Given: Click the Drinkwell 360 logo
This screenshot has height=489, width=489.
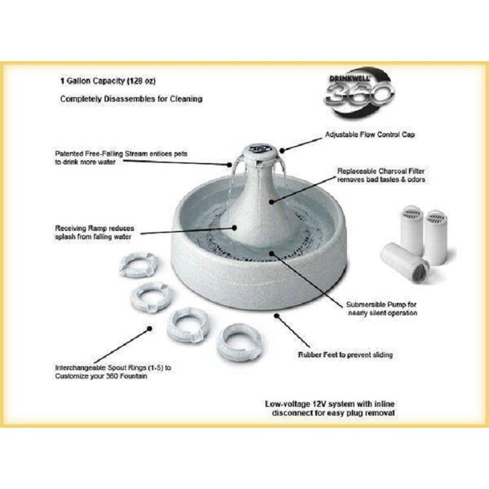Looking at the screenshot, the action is (359, 92).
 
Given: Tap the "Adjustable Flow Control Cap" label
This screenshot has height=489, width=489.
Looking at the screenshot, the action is (370, 134).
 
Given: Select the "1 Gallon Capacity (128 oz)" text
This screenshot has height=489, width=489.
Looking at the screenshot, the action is (108, 81).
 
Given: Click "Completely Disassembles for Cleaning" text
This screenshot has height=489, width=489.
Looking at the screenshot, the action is (131, 99).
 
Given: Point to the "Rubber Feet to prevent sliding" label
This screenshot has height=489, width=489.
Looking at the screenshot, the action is (345, 355).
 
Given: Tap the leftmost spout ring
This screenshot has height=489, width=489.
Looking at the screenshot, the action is (139, 265).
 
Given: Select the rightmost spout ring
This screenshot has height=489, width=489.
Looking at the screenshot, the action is (239, 342).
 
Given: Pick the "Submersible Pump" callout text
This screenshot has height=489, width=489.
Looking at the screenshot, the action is (382, 309).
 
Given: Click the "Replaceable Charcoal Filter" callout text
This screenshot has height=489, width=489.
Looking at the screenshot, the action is (381, 175).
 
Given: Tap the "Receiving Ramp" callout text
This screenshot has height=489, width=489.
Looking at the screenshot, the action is (94, 232).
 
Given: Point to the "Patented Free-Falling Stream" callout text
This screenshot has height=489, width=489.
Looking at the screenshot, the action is (121, 158).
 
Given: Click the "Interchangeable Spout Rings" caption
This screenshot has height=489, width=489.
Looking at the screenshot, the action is (113, 372).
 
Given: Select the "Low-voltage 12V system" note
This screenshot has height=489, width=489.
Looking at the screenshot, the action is (329, 408).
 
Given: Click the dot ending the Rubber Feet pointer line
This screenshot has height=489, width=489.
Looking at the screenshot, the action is (276, 316).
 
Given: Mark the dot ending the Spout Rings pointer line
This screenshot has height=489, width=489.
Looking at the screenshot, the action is (149, 329).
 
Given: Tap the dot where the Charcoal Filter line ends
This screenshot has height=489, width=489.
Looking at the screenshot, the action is (271, 202).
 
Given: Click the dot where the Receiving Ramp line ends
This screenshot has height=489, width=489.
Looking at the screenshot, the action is (234, 228).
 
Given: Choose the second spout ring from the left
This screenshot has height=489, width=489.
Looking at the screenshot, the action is (152, 297).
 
